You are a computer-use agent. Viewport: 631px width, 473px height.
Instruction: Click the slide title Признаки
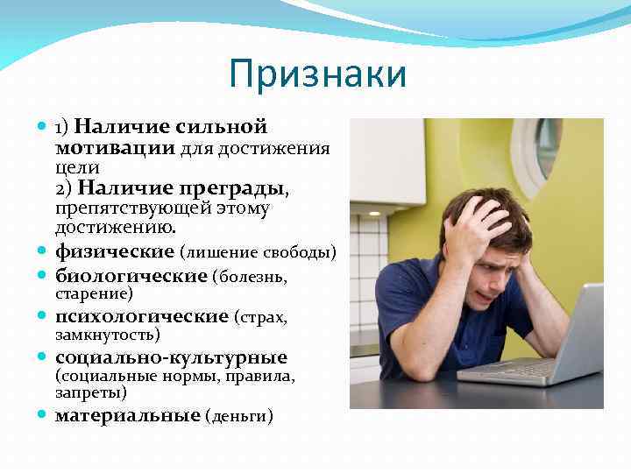317,74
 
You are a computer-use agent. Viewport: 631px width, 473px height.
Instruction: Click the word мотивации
115,147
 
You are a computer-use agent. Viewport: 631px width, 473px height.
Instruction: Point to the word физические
115,252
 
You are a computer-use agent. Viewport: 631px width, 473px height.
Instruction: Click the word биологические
131,276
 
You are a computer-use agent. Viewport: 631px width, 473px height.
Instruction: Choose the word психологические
142,316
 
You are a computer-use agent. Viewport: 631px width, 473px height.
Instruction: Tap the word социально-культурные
171,357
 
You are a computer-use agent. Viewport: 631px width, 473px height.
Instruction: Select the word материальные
128,415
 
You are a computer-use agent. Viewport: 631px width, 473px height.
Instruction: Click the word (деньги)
239,416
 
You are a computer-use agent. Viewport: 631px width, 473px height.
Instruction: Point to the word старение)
94,294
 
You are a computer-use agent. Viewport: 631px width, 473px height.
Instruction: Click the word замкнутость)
107,335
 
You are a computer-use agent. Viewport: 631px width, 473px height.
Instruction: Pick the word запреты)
90,393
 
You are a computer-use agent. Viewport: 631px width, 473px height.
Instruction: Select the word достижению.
116,227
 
